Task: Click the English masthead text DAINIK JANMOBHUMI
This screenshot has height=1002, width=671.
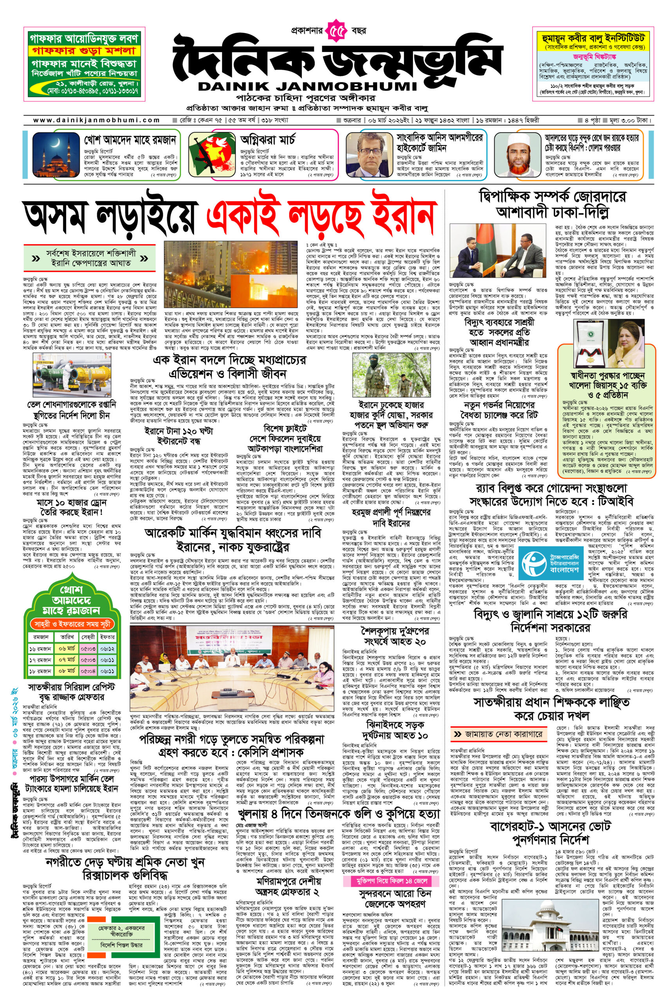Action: click(x=307, y=86)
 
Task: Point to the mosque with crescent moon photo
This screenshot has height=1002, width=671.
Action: click(x=57, y=157)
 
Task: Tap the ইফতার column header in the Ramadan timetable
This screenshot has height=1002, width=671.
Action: click(x=107, y=637)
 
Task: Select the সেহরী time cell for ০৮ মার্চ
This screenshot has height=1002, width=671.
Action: click(x=88, y=671)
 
